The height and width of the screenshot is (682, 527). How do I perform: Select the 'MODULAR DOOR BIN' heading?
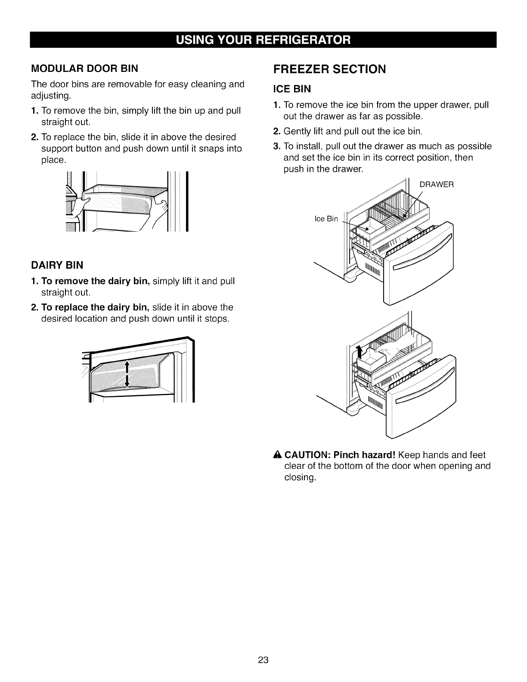pyautogui.click(x=84, y=68)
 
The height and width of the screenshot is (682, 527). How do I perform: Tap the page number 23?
pyautogui.click(x=263, y=660)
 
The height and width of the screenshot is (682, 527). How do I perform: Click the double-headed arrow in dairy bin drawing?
pyautogui.click(x=127, y=374)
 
